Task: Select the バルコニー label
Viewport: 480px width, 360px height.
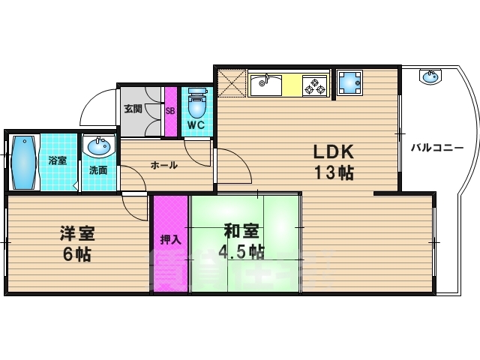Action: tap(436, 147)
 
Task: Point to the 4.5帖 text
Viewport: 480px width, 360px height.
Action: tap(240, 250)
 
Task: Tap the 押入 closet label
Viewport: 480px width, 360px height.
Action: tap(170, 240)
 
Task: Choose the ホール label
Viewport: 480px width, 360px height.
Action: tap(164, 165)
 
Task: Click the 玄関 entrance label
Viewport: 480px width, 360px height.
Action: tap(133, 109)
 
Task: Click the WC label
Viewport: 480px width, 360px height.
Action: tap(196, 124)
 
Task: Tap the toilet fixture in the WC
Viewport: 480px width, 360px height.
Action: tap(197, 100)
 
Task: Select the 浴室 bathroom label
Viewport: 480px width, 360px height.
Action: tap(57, 160)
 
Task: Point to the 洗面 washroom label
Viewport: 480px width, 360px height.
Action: tap(98, 169)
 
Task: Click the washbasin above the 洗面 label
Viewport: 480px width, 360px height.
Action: tap(97, 147)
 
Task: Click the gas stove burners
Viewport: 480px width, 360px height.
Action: tap(315, 85)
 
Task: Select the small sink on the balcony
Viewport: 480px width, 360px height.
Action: tap(430, 76)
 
